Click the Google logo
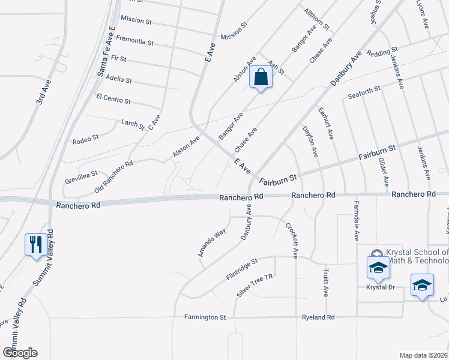click(20, 352)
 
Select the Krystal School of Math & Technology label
click(414, 256)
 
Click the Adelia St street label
click(118, 79)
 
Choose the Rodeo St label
click(85, 139)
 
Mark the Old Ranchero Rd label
click(113, 176)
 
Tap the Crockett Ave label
click(291, 240)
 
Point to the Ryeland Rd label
click(318, 317)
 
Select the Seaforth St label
click(364, 89)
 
